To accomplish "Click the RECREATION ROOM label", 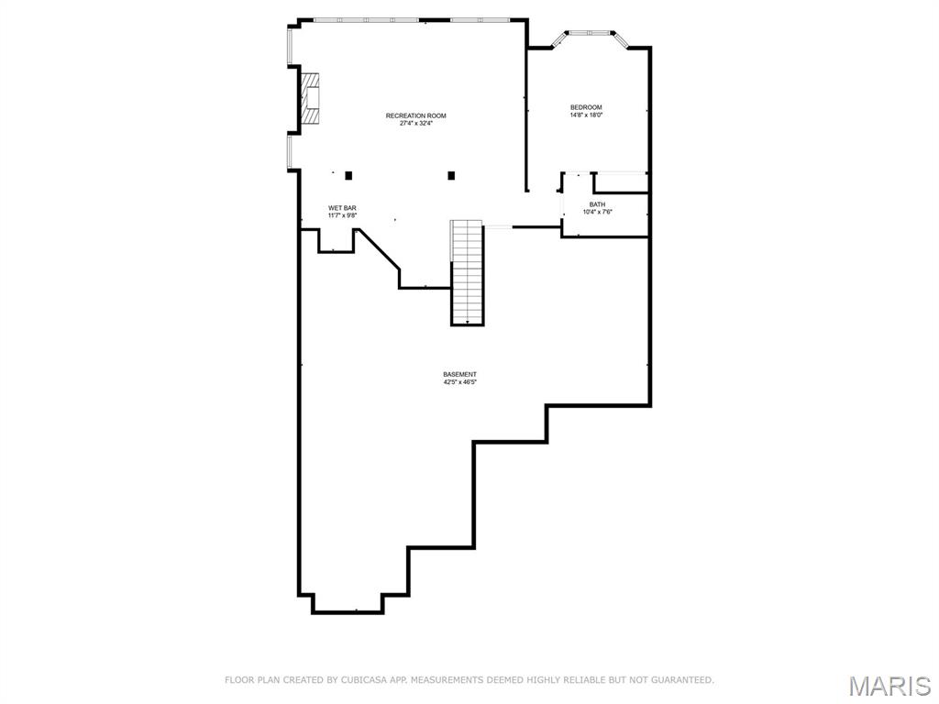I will tap(415, 115).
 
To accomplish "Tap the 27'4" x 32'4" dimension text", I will tap(415, 124).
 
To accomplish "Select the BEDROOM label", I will tap(586, 107).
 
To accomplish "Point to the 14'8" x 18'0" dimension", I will tap(586, 115).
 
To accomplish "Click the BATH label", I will tap(597, 204).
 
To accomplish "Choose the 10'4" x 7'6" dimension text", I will tap(597, 212).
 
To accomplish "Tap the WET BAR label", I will tap(342, 208).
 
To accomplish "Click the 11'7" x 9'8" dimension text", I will tap(342, 215).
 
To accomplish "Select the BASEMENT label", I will tap(459, 374).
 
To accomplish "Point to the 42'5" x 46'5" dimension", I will tap(459, 382).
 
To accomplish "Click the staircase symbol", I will tap(467, 272).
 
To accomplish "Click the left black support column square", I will tap(348, 175).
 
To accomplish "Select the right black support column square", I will tap(451, 175).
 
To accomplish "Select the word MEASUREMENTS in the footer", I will tap(454, 680).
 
